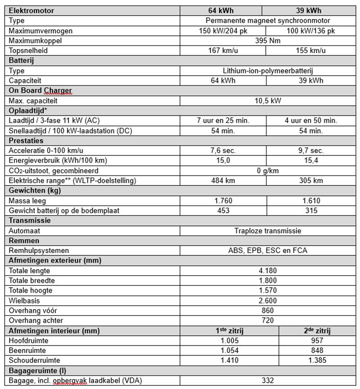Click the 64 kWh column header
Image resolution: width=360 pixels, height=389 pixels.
[223, 11]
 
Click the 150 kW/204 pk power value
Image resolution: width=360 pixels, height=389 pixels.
[223, 31]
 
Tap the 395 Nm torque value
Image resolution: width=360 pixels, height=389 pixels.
[268, 41]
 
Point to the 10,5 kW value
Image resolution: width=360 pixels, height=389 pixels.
[268, 100]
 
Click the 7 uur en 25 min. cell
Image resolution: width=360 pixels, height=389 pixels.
[223, 121]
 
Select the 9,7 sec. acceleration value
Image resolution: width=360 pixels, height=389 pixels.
[310, 150]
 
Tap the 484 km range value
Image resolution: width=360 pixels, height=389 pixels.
[223, 181]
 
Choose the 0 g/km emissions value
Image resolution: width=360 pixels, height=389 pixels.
[268, 171]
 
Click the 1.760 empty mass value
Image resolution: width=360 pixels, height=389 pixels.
[223, 200]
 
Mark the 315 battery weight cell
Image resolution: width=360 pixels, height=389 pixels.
[310, 210]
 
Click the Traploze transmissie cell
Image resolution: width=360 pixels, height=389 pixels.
[268, 231]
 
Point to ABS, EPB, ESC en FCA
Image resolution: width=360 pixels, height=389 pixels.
[268, 250]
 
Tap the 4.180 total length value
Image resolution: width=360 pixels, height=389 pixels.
[268, 271]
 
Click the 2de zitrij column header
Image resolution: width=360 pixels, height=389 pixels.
[317, 331]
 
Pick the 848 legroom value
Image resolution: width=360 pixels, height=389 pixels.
[317, 351]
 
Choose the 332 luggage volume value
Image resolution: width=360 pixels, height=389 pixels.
[268, 380]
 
